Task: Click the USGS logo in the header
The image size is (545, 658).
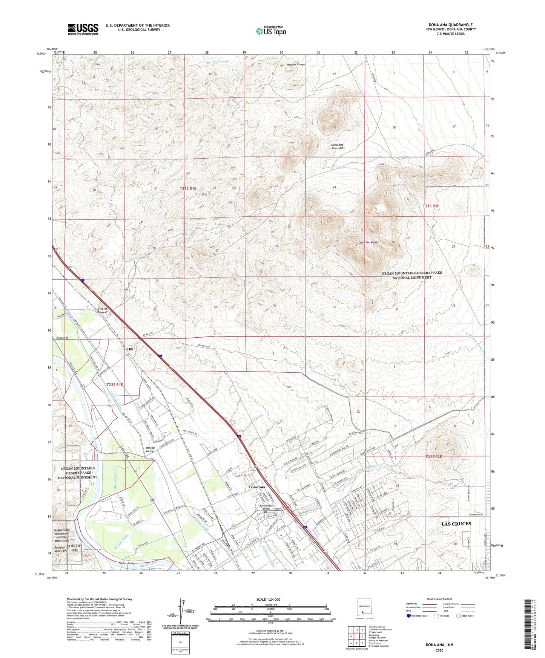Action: tap(83, 29)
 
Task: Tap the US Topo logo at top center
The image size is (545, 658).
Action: tap(271, 31)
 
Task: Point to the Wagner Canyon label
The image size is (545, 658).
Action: tap(296, 64)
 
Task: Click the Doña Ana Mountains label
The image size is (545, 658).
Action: tap(338, 146)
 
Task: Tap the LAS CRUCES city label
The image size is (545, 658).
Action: tap(456, 524)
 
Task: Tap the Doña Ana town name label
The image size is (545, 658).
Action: tap(257, 487)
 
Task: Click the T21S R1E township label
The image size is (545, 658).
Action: tap(188, 188)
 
